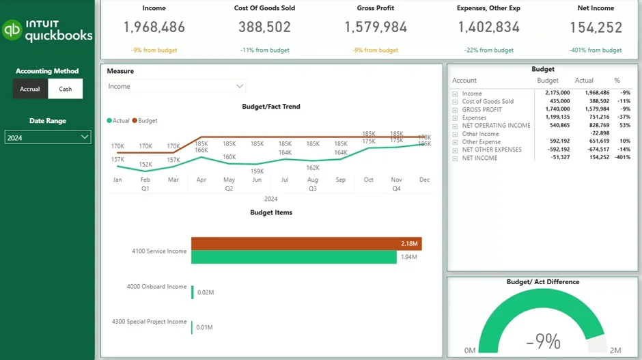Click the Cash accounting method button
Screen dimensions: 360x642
point(65,89)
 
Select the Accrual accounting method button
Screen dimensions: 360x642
point(30,89)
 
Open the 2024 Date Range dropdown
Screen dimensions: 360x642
point(47,137)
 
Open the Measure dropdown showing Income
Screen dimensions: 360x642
point(176,86)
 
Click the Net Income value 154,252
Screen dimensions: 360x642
point(596,27)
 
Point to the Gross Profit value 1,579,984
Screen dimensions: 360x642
point(376,27)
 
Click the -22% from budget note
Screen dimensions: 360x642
point(485,51)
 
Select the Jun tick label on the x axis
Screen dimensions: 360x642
point(257,180)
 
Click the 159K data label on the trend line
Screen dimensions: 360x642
point(257,171)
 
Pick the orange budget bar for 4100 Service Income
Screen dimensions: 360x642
point(306,244)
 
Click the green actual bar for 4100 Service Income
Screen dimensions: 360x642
point(294,257)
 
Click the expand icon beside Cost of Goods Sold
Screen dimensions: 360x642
point(455,102)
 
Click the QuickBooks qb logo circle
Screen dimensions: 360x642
point(12,30)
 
